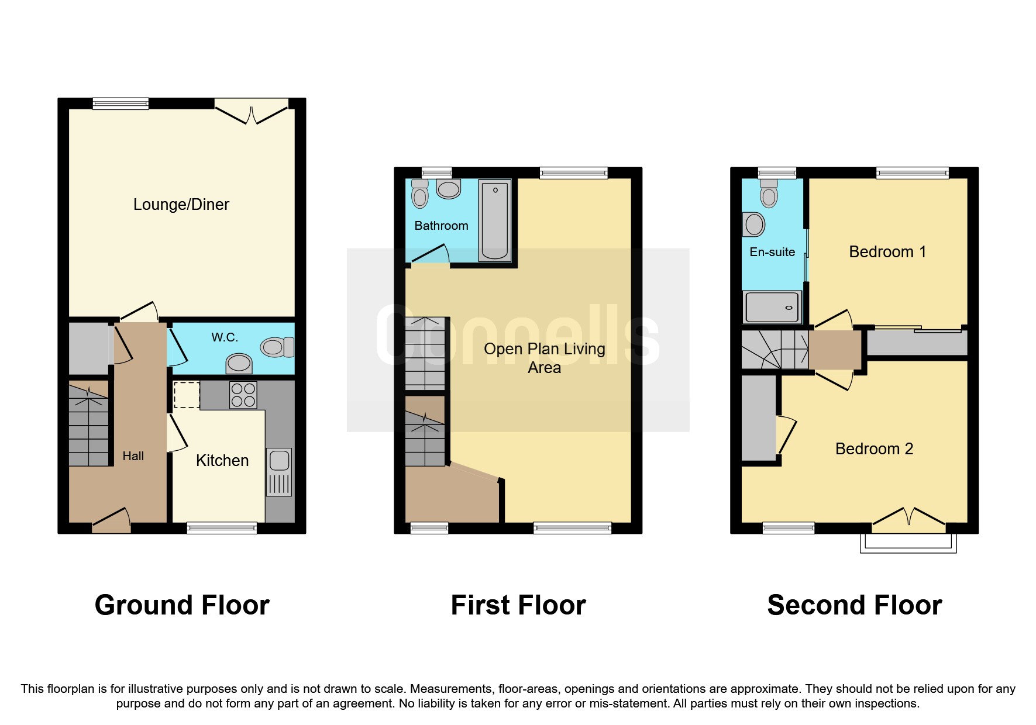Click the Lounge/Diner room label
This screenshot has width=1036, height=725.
(x=181, y=205)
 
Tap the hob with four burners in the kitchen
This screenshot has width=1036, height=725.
(x=243, y=395)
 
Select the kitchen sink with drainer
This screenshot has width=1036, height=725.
(x=279, y=471)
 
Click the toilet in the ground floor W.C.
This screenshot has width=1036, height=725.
(x=277, y=347)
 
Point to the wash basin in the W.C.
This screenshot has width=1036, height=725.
(x=239, y=363)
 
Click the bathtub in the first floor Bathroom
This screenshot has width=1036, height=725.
(x=495, y=220)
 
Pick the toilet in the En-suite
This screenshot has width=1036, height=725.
(x=769, y=194)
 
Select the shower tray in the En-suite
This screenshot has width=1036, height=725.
(x=772, y=307)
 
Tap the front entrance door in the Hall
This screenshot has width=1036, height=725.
(x=111, y=520)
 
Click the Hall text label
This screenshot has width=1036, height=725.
(x=133, y=456)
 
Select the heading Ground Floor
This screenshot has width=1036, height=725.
(x=182, y=605)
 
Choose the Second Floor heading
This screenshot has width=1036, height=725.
(x=854, y=605)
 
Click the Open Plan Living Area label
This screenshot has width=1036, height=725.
(x=544, y=358)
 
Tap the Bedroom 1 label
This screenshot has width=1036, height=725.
(x=887, y=252)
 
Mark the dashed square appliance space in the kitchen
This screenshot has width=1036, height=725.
(x=187, y=395)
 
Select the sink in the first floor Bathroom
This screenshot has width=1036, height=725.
(x=449, y=189)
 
